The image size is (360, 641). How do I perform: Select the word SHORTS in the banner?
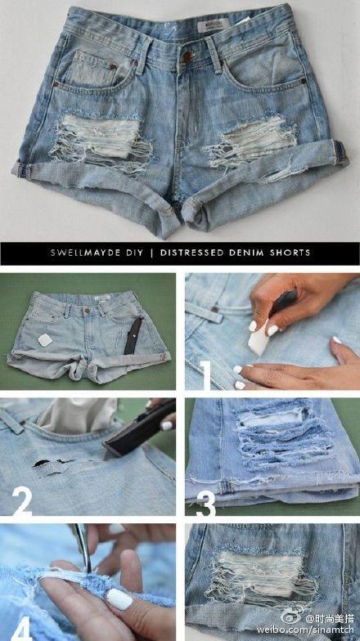click(x=290, y=252)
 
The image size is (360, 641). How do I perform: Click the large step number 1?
click(x=205, y=374)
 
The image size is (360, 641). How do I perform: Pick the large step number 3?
click(x=205, y=504)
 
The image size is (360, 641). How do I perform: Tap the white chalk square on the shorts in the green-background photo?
click(x=45, y=339)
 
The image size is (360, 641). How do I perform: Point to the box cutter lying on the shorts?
click(x=133, y=336)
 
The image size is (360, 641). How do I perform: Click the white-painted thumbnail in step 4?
click(x=119, y=600)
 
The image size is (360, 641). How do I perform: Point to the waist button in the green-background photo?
click(x=87, y=311)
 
